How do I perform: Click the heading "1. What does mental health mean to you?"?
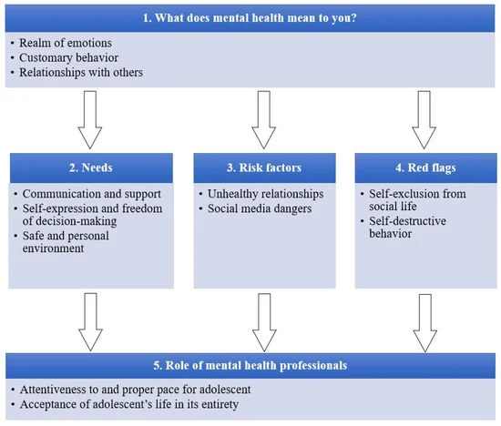[x=250, y=18]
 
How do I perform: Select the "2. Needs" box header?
[x=91, y=167]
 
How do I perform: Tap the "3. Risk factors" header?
[x=264, y=167]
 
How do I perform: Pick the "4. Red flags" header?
[x=425, y=167]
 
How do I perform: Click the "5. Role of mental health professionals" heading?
[x=250, y=365]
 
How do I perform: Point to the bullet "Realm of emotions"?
[x=66, y=43]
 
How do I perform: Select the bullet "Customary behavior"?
[x=68, y=57]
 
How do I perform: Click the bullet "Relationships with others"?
[x=81, y=72]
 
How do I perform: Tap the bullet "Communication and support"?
[x=92, y=194]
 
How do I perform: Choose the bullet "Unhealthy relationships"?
[x=265, y=194]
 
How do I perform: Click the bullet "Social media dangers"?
[x=260, y=208]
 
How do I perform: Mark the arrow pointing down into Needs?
[x=90, y=120]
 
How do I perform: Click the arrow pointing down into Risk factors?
[x=263, y=120]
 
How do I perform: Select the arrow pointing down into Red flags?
[x=424, y=120]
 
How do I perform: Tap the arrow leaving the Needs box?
[x=90, y=322]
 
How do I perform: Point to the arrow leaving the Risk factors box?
[x=264, y=322]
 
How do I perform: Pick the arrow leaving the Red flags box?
[x=425, y=323]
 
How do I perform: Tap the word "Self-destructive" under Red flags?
[x=408, y=221]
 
